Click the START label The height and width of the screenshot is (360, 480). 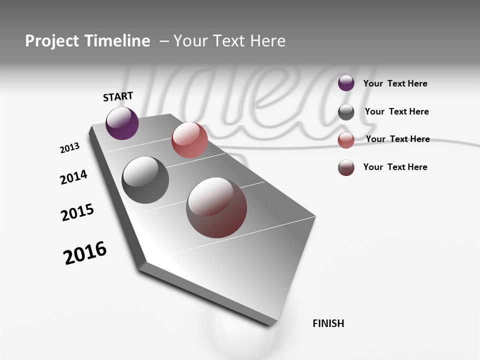click(118, 96)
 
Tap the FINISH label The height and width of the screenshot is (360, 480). click(328, 323)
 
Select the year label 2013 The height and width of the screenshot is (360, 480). click(69, 148)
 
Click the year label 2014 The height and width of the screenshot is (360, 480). click(73, 177)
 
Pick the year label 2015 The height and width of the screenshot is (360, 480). click(77, 212)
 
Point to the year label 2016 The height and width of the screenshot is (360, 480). click(85, 253)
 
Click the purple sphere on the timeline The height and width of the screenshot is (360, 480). click(122, 123)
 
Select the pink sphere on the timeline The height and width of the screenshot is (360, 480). click(189, 140)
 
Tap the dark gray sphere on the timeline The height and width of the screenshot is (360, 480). click(145, 180)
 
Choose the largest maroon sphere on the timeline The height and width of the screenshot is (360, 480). click(216, 207)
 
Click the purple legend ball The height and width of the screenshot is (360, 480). click(346, 83)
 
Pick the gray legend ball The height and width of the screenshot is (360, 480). click(346, 112)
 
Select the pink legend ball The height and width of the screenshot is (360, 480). click(346, 140)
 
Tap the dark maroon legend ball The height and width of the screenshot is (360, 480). click(346, 167)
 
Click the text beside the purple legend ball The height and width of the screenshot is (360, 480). click(395, 83)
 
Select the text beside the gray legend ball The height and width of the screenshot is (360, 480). click(396, 111)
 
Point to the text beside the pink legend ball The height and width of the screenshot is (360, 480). click(397, 139)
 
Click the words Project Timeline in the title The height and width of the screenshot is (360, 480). click(87, 41)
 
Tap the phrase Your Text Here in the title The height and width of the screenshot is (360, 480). click(229, 41)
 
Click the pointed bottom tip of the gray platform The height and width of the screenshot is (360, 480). click(272, 324)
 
